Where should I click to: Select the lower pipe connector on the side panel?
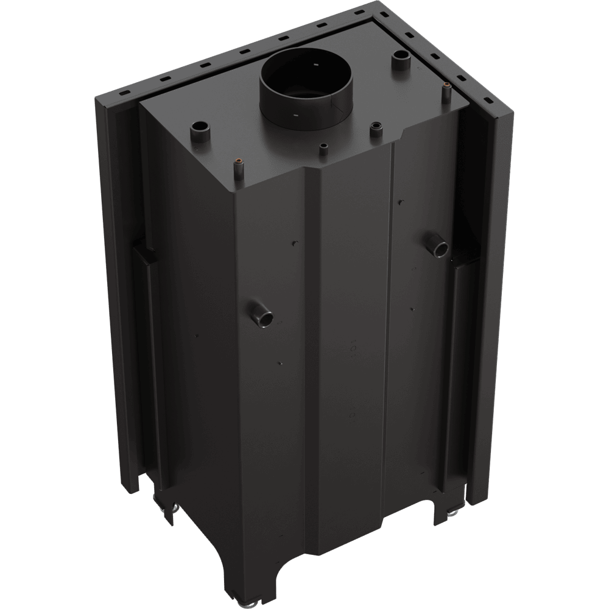(263, 314)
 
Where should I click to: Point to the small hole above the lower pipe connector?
(296, 244)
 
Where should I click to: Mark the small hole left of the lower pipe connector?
(198, 334)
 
